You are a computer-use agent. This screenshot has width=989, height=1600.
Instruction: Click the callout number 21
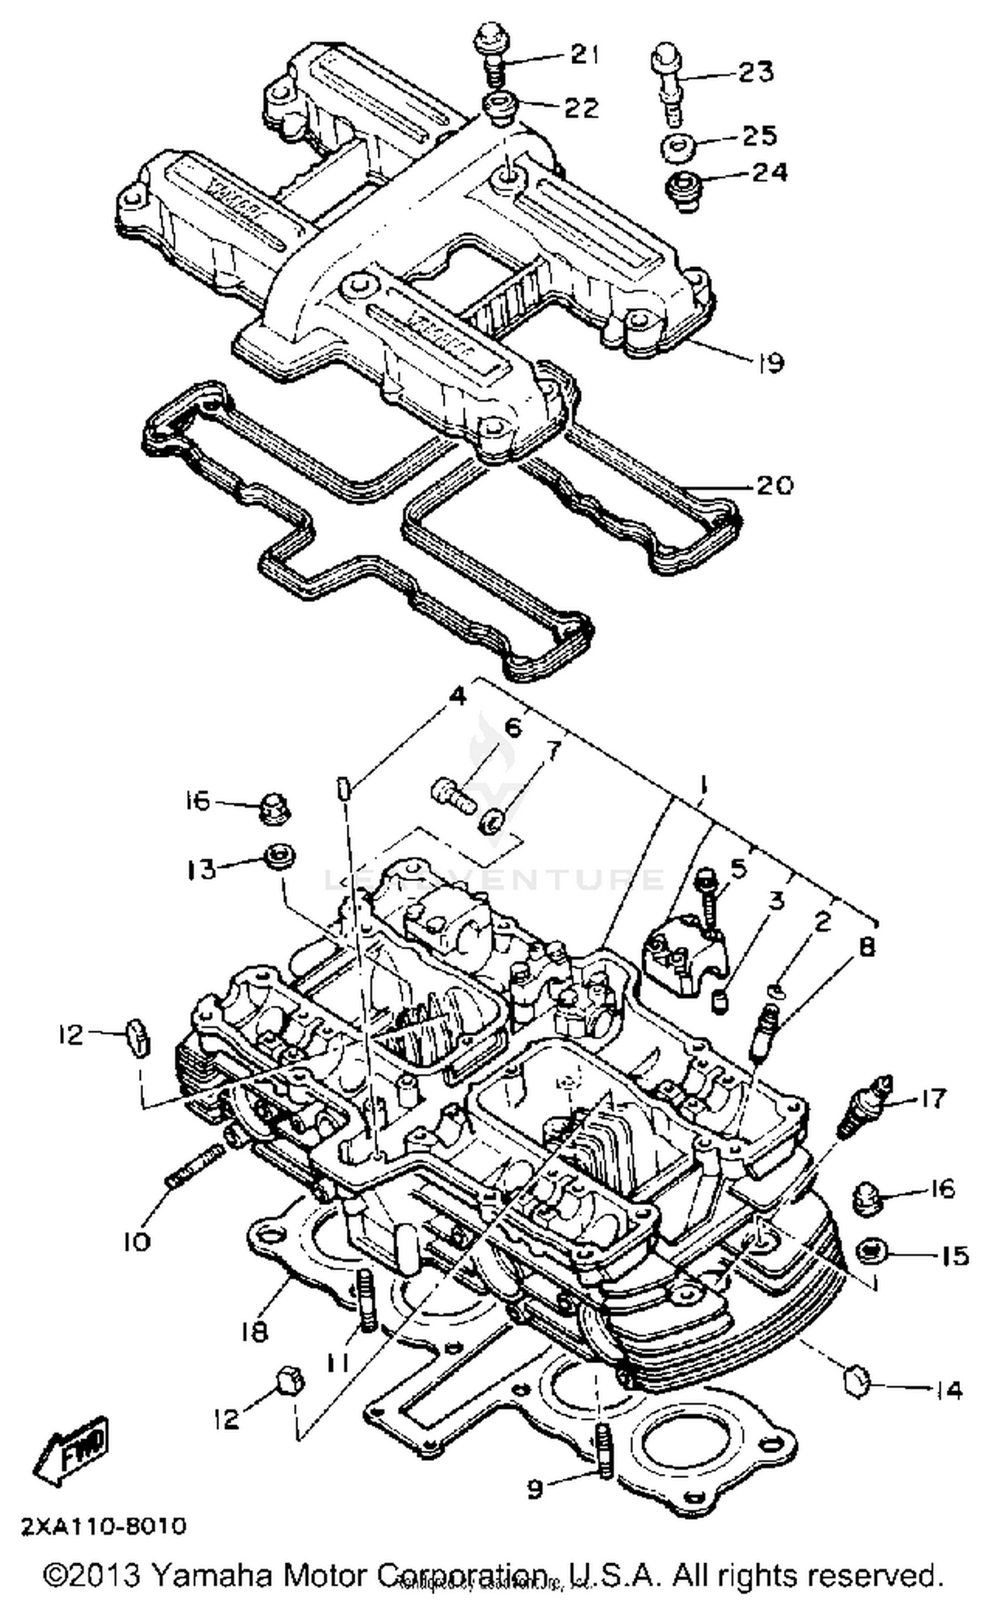point(583,55)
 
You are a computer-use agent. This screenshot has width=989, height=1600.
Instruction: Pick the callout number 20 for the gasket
point(773,485)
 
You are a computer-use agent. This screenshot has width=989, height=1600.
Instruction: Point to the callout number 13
point(200,869)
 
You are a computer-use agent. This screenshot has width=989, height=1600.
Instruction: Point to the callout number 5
point(738,869)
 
